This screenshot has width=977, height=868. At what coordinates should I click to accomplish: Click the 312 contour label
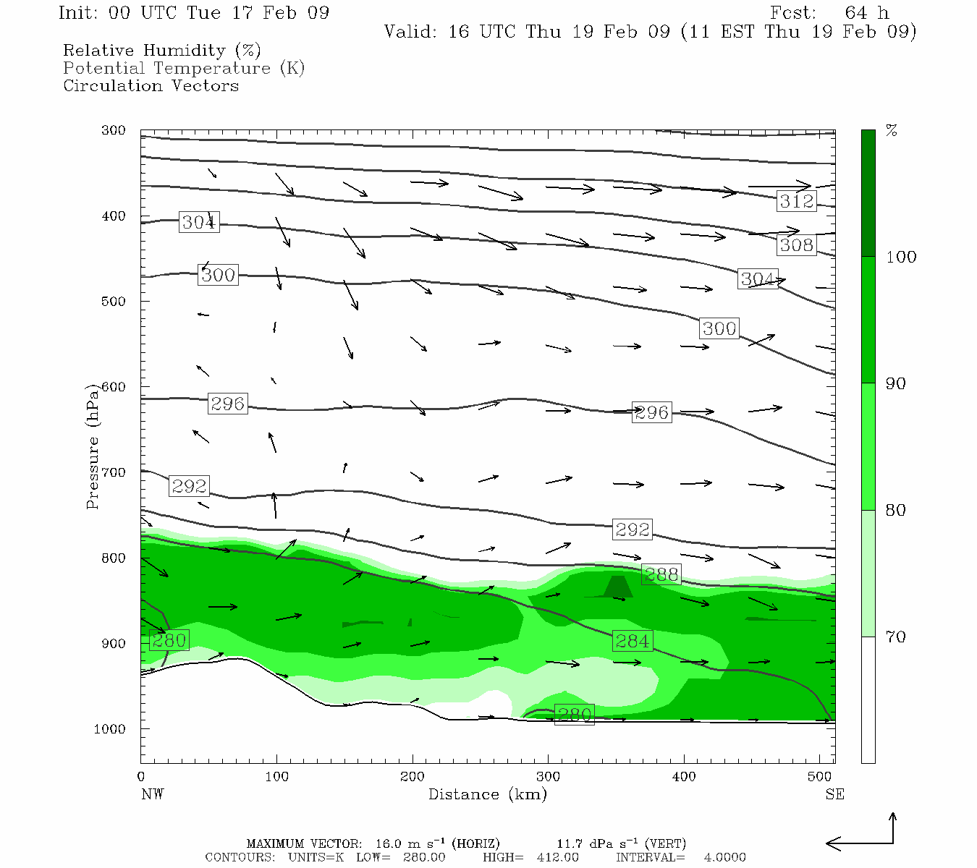coord(797,201)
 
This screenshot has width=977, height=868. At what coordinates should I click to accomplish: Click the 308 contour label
coord(797,245)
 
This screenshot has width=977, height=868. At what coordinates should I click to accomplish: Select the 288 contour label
coord(661,574)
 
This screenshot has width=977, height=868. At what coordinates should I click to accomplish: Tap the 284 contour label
coord(632,641)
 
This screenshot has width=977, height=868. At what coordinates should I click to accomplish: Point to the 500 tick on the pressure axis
coord(114,302)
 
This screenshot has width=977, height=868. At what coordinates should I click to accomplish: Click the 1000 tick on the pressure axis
coord(110,729)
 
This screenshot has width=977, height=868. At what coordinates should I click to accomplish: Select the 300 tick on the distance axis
coord(548,777)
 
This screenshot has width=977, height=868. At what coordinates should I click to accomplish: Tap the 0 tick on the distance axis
coord(141,777)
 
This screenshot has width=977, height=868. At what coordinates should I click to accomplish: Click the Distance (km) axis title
coord(487,794)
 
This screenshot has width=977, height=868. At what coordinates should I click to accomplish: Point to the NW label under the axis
coord(152,794)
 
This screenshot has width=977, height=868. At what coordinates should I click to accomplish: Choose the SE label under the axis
coord(834,794)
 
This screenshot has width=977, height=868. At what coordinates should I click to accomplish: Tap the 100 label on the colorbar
coord(901,257)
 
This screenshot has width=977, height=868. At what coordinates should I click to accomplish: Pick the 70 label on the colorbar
coord(896,637)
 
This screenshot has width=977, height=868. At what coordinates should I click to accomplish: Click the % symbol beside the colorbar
coord(892,131)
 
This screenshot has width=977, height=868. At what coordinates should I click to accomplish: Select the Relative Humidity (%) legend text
coord(161,51)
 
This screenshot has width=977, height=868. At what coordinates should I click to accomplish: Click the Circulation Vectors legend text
coord(151,85)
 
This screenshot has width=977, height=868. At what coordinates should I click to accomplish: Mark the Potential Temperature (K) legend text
coord(184,68)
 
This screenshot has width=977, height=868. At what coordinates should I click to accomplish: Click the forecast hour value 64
coord(855,13)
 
